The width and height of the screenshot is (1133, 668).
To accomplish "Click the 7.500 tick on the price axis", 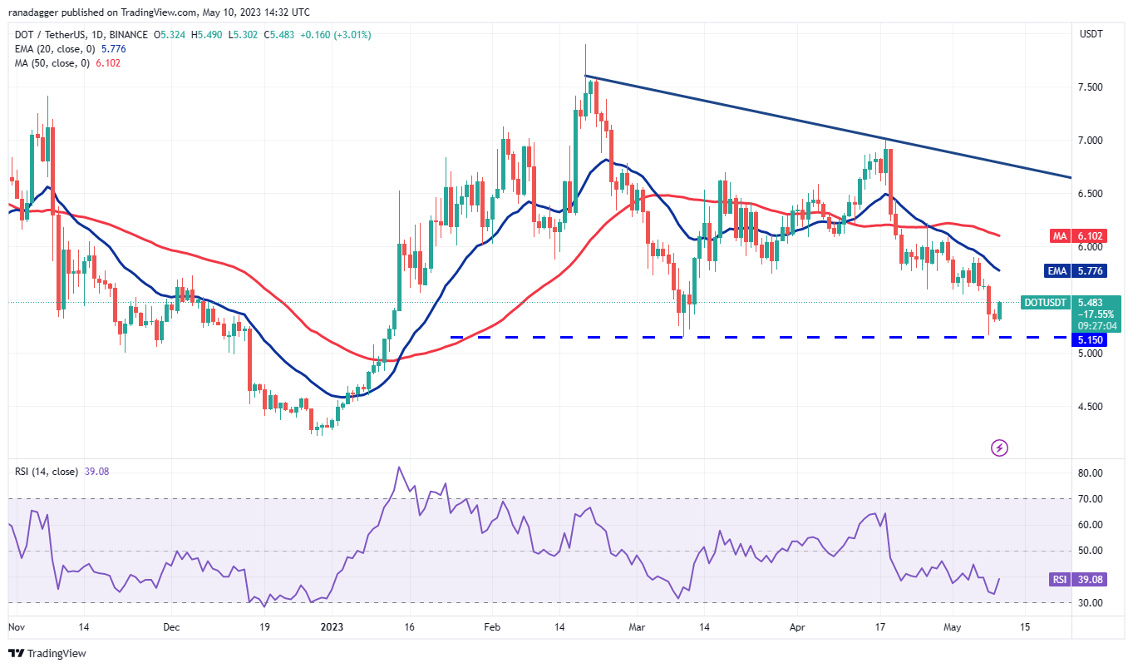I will [1091, 87].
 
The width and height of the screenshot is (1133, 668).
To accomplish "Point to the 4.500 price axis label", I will [1091, 407].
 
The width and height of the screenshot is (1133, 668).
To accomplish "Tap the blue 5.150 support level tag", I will [1091, 340].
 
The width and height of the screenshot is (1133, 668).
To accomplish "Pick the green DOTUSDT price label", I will [1045, 303].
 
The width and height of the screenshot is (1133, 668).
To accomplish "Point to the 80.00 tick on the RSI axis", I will [1089, 473].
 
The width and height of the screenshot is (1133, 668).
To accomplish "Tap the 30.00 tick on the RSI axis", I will [1089, 603].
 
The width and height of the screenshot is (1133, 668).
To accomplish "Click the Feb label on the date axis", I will [491, 626].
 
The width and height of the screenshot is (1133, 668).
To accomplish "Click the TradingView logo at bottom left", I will [47, 653].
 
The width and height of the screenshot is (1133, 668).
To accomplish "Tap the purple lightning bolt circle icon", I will [1000, 448].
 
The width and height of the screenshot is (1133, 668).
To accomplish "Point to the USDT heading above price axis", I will [1090, 34].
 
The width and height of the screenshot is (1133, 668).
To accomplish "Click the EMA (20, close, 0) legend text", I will [52, 50].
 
